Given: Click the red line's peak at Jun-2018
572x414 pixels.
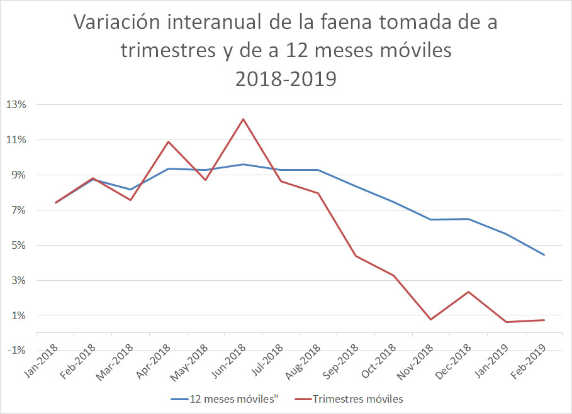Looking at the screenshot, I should click(x=243, y=119).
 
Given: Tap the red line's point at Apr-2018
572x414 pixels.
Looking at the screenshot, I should click(x=168, y=141).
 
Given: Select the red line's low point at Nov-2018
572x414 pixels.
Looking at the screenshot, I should click(x=431, y=320).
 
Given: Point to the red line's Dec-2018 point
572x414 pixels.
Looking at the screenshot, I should click(x=469, y=291).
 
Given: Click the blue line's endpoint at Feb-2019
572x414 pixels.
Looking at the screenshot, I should click(x=544, y=255).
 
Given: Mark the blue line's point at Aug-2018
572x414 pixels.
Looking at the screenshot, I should click(x=318, y=170).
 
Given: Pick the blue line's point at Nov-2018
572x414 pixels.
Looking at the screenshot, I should click(x=431, y=219).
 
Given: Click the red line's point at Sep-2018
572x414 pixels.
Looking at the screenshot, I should click(x=356, y=256).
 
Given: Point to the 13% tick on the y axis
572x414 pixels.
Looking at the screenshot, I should click(x=16, y=104).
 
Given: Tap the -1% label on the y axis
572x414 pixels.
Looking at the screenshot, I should click(x=16, y=350).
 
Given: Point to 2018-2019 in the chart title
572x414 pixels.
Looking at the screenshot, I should click(x=286, y=79).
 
